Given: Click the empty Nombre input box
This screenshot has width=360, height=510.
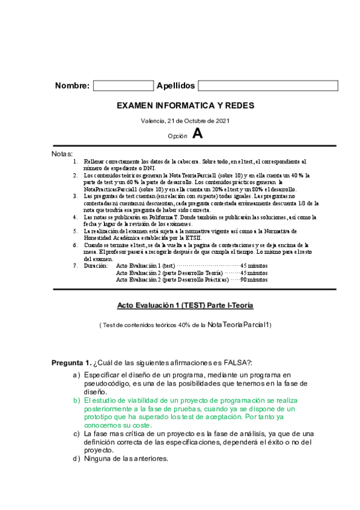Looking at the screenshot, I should [123, 85].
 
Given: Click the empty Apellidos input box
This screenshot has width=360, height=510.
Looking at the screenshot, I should [267, 85].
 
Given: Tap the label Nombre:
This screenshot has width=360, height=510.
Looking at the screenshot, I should [72, 85].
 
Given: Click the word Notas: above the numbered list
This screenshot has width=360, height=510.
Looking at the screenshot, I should [63, 154].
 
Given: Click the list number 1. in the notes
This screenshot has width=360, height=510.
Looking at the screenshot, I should [75, 162].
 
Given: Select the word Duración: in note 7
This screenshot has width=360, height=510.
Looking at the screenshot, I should [96, 265].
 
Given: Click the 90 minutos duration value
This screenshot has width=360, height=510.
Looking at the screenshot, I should [254, 279].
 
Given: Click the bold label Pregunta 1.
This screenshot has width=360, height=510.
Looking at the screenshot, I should [71, 363].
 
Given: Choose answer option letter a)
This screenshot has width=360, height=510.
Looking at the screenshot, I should [76, 375].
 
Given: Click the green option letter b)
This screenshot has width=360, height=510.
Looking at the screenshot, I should [76, 400].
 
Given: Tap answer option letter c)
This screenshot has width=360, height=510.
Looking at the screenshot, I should [76, 434].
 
